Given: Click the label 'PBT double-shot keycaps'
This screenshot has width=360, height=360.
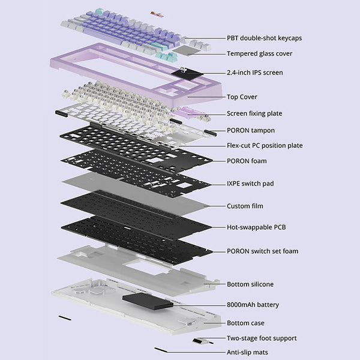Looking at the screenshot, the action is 264,38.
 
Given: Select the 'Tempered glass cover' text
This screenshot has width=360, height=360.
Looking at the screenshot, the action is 259,54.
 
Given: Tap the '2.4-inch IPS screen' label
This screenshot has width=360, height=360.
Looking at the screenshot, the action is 255,73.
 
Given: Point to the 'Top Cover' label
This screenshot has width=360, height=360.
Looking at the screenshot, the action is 242,97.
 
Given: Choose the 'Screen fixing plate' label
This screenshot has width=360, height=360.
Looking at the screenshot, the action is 254,113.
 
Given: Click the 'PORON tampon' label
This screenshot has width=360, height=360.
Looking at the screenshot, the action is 251,130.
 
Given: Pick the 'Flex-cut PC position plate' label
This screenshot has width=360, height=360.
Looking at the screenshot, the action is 265,146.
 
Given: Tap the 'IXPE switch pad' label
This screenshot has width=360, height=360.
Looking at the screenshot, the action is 250,184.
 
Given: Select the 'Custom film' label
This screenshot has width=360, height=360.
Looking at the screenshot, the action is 245,206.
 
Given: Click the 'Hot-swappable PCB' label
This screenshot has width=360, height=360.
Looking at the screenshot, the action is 256,227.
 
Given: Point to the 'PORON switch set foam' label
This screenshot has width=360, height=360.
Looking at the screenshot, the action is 262,251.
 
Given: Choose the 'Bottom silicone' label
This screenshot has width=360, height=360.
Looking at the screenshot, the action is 250,284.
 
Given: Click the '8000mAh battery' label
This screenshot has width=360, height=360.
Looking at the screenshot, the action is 253,305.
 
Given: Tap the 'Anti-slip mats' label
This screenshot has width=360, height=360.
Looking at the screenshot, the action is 247,352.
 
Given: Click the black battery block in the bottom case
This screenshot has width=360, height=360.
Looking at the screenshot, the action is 148,301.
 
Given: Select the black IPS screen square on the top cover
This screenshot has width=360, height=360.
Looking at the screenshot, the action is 187,74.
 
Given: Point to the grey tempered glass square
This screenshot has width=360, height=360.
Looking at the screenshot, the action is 187,50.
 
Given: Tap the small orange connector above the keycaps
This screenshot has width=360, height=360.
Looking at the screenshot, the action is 157,14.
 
